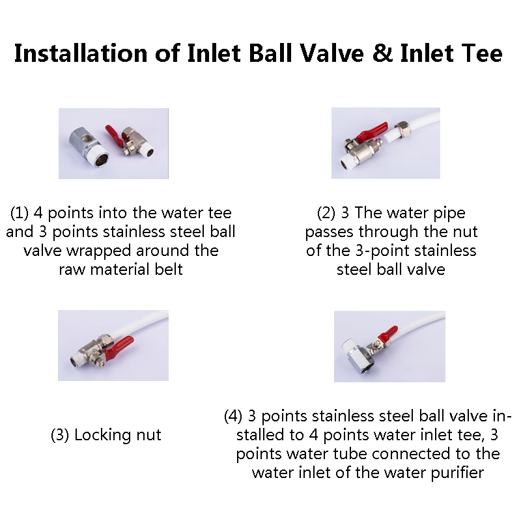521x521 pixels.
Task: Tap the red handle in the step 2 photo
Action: pyautogui.click(x=372, y=132)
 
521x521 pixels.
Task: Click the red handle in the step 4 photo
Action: pyautogui.click(x=389, y=333)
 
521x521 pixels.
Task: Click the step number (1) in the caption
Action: pyautogui.click(x=20, y=213)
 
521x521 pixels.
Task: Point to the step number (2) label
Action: pyautogui.click(x=326, y=213)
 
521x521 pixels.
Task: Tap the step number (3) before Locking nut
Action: pyautogui.click(x=60, y=435)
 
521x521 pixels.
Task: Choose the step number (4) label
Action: pyautogui.click(x=233, y=416)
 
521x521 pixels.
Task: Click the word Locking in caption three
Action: pyautogui.click(x=98, y=435)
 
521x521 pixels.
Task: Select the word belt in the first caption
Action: pyautogui.click(x=169, y=270)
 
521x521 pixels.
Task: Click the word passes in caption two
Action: pyautogui.click(x=329, y=232)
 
